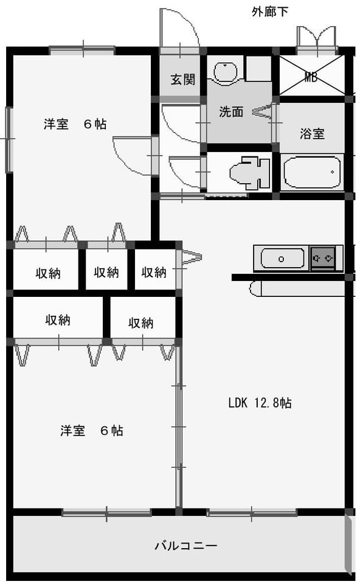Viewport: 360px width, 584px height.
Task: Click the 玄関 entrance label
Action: point(182,79)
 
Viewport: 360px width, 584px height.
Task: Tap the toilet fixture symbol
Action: point(249,173)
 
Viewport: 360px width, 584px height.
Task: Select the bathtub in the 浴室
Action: point(312,172)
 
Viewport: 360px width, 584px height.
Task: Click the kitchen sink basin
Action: point(282,259)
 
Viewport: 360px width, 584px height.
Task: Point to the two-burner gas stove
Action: point(323,258)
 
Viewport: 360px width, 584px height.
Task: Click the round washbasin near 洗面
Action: point(225,72)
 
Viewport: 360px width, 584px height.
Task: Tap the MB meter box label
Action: point(311,77)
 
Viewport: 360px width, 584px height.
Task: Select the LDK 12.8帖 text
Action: point(260,403)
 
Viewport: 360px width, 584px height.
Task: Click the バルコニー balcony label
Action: point(185,546)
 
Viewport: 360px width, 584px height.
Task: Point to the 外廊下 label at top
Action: point(270,12)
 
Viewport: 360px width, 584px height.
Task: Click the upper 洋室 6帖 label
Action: point(75,123)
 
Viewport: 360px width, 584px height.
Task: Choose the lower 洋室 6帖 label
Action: point(92,431)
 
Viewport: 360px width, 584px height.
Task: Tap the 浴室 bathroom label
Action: point(312,133)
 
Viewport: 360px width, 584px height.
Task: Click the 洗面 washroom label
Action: point(231,111)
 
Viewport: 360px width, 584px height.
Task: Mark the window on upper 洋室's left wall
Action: point(9,139)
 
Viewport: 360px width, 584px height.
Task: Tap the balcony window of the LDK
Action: point(252,513)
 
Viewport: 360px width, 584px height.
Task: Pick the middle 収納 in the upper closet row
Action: point(106,273)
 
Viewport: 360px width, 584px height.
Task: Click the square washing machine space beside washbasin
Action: point(258,69)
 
